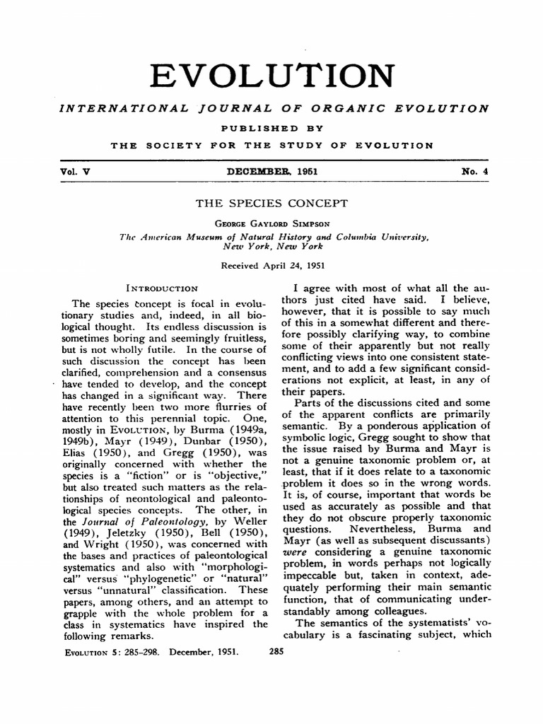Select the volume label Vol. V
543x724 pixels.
tap(71, 170)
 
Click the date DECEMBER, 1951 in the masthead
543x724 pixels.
tap(272, 170)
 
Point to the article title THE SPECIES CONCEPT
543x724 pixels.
tap(271, 204)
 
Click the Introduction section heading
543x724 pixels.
tap(161, 288)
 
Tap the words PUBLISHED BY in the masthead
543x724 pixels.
tap(272, 128)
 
